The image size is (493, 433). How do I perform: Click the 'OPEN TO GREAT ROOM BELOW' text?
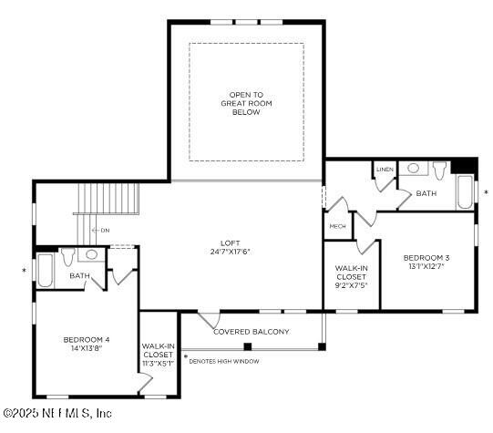(246, 103)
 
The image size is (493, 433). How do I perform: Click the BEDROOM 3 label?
(426, 258)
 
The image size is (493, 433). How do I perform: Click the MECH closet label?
(336, 226)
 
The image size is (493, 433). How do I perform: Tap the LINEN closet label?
(384, 170)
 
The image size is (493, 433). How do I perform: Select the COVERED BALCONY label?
(251, 332)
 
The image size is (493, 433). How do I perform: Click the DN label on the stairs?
(105, 231)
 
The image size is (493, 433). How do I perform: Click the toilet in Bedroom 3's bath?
(438, 170)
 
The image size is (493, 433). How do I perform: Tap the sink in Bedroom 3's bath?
(413, 169)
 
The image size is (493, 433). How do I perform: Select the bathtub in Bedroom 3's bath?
(464, 192)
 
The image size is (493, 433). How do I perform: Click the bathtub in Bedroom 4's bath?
(45, 271)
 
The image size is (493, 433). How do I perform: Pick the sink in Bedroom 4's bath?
(92, 255)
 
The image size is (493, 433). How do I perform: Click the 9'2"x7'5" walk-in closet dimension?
(351, 285)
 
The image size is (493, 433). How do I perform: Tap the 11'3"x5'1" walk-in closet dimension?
(158, 363)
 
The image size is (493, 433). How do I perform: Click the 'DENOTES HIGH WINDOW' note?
(223, 361)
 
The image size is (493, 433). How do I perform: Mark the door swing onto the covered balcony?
(210, 319)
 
